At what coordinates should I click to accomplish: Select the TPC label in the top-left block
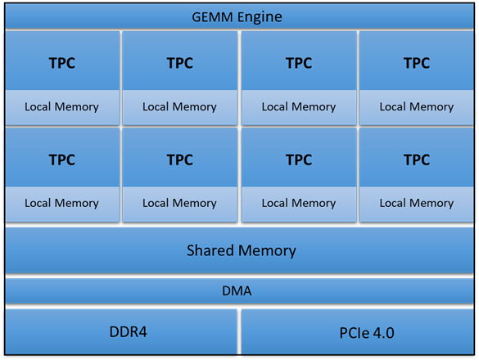[61, 63]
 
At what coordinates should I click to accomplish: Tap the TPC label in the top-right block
[417, 63]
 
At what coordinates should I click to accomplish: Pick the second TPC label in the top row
[179, 63]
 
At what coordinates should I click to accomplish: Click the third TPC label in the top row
[298, 63]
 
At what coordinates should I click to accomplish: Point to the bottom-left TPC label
[61, 160]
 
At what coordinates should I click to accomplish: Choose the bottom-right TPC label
[417, 160]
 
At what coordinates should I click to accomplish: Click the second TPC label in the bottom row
[179, 160]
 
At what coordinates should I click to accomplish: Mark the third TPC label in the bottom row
[298, 160]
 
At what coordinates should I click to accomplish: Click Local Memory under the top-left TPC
[61, 107]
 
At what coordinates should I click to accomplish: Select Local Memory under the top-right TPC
[417, 107]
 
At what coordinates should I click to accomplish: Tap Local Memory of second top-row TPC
[179, 107]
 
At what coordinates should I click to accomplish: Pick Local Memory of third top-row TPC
[298, 107]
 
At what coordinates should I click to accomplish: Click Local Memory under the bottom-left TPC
[61, 203]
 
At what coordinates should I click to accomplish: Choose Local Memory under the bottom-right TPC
[417, 203]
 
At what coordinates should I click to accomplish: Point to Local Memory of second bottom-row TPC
[179, 203]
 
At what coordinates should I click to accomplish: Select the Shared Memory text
[241, 250]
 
